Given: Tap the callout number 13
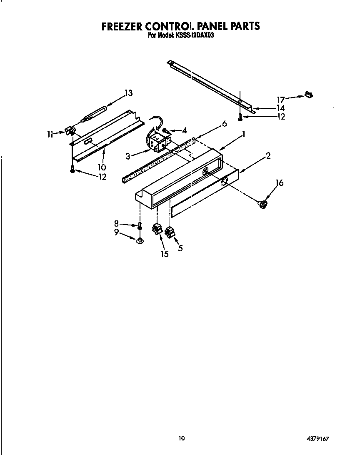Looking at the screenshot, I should coord(128,93).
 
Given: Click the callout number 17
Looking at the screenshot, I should coord(281,100).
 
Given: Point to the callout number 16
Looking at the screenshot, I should coord(280,182).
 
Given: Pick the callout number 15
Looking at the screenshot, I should coord(165,254).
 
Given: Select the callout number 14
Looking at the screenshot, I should coord(280,108).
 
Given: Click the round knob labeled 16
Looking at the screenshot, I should coord(262,204).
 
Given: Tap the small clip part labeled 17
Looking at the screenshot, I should coord(309,95).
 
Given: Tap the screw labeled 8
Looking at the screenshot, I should coord(140,225).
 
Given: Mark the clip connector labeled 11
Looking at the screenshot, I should coord(71,132).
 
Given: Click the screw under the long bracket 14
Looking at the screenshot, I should coord(240,118).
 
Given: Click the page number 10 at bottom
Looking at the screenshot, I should coord(181,438).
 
